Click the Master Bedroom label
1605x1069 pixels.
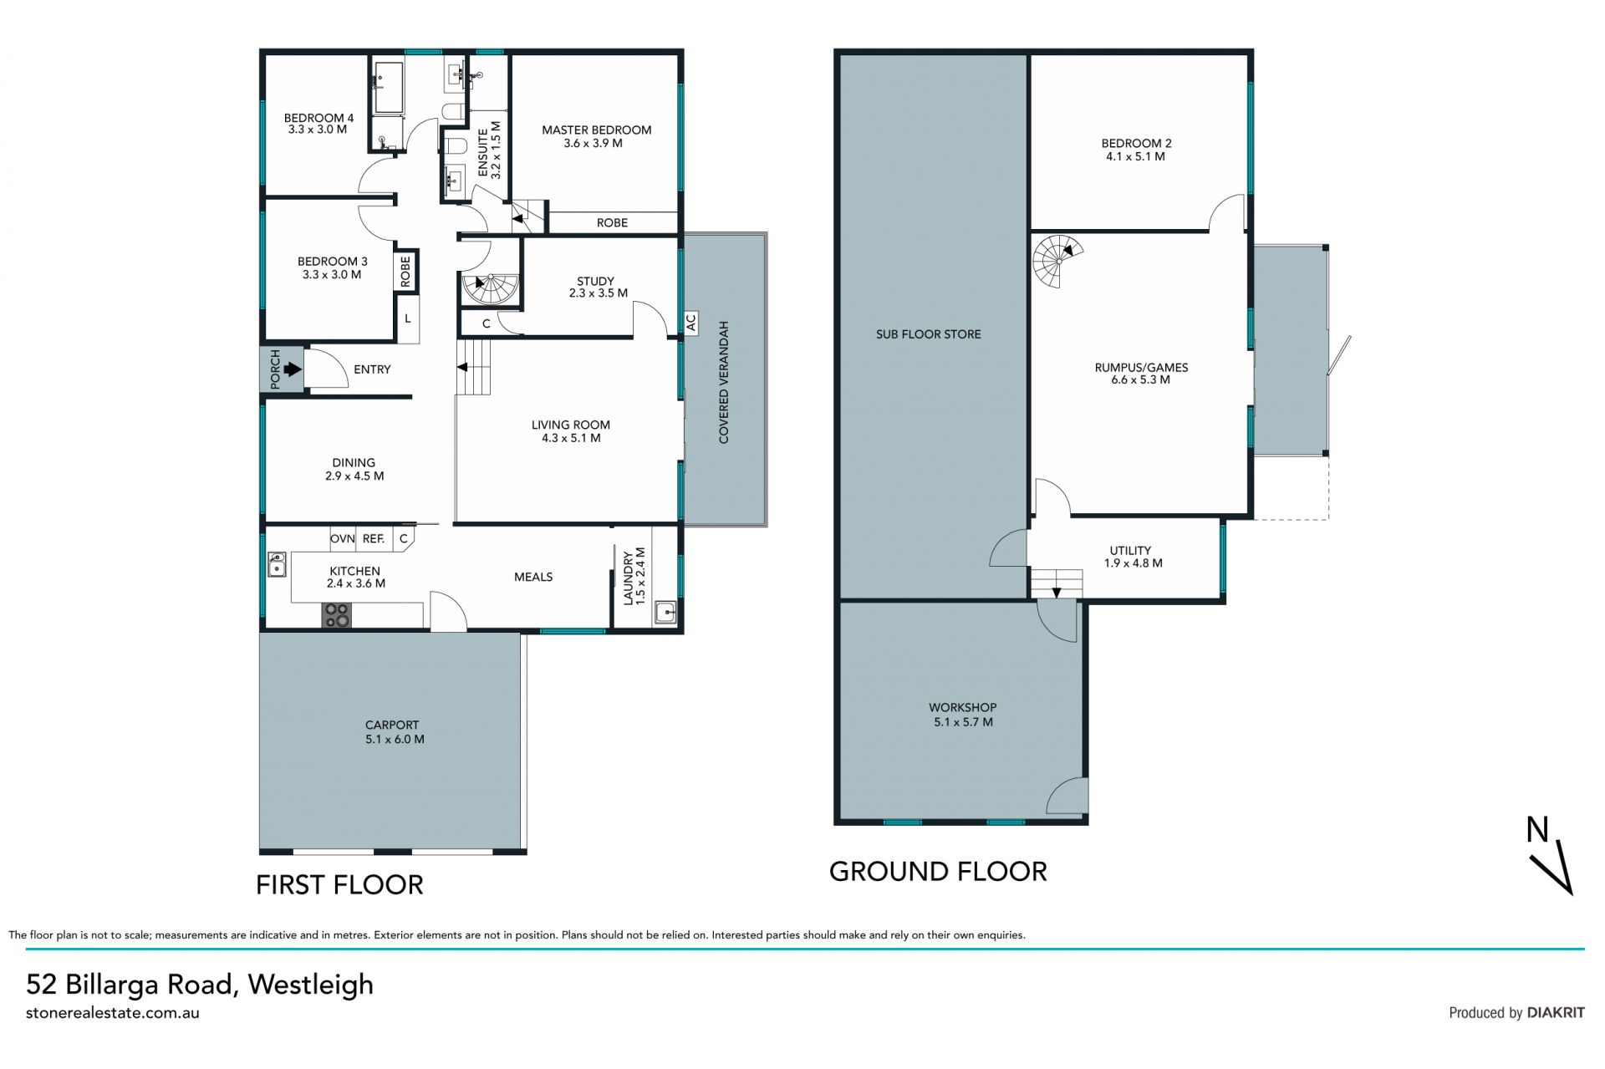coord(596,130)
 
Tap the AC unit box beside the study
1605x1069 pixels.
coord(691,323)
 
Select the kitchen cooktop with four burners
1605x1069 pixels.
coord(337,615)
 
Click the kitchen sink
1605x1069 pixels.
coord(277,564)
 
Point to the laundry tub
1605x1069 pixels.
coord(666,613)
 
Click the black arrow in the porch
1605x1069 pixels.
coord(292,369)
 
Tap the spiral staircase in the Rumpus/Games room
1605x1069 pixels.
coord(1057,261)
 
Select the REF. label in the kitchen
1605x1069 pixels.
coord(374,539)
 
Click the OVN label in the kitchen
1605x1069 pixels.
coord(343,539)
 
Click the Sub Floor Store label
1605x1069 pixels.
coord(928,334)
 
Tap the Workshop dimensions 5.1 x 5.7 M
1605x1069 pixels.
coord(963,722)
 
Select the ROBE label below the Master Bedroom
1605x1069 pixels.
coord(612,223)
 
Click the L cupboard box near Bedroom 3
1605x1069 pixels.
coord(408,318)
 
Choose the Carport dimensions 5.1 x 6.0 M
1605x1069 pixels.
coord(395,740)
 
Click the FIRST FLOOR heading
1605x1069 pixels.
coord(339,885)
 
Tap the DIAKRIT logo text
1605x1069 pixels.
coord(1556,1013)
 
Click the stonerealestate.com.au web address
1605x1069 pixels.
coord(113,1013)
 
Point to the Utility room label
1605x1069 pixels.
coord(1130,551)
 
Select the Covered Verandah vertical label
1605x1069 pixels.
coord(724,382)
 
